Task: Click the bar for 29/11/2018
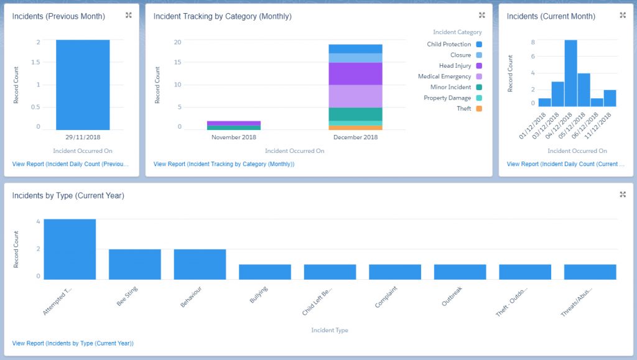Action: [83, 85]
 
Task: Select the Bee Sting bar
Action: [135, 264]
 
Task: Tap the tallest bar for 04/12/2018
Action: [570, 73]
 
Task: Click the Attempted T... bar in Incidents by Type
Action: [70, 249]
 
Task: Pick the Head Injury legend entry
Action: [455, 66]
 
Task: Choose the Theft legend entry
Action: [464, 109]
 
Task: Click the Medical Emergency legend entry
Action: [444, 76]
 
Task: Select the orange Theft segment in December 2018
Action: [355, 127]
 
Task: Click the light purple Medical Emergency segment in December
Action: [355, 96]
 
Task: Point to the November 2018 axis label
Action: [234, 137]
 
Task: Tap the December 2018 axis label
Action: [355, 137]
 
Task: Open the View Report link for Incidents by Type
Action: [73, 343]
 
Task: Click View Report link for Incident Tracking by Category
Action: [224, 164]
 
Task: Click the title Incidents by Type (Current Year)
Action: [68, 196]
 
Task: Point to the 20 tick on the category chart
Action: [177, 42]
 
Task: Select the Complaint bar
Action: [395, 272]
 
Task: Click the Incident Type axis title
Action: [330, 330]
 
